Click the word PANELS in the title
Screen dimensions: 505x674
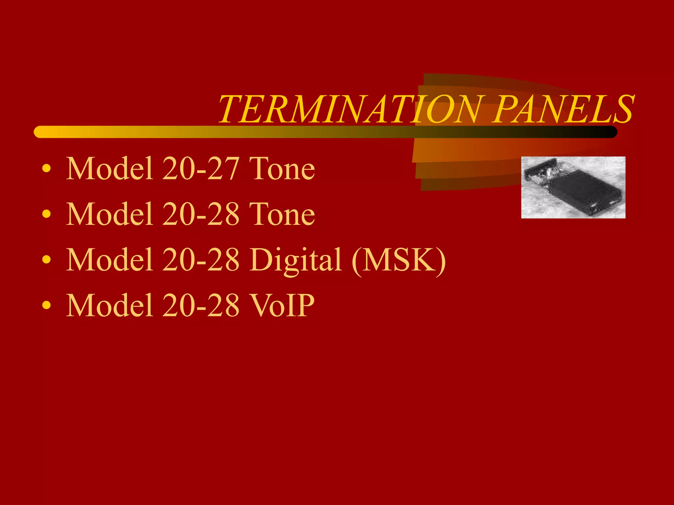pos(563,109)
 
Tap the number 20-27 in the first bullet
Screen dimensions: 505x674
pos(200,168)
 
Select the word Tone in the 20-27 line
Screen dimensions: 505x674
pos(282,168)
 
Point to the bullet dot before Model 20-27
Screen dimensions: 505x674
pos(47,169)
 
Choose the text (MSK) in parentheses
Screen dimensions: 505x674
pos(399,260)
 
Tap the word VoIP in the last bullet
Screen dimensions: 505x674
pos(282,305)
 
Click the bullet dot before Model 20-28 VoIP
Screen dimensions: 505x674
pos(47,305)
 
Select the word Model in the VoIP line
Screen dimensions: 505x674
pos(110,305)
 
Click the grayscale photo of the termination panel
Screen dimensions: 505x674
pos(573,187)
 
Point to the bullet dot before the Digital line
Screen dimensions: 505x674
pos(47,260)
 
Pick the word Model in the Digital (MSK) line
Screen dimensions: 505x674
pos(110,260)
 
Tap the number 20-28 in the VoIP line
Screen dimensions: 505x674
pos(200,305)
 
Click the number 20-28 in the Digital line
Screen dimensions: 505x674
pos(200,260)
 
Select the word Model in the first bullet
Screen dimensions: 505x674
pos(110,168)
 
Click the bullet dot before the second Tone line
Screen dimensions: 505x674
pos(47,214)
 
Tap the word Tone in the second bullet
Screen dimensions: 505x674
pos(282,214)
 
